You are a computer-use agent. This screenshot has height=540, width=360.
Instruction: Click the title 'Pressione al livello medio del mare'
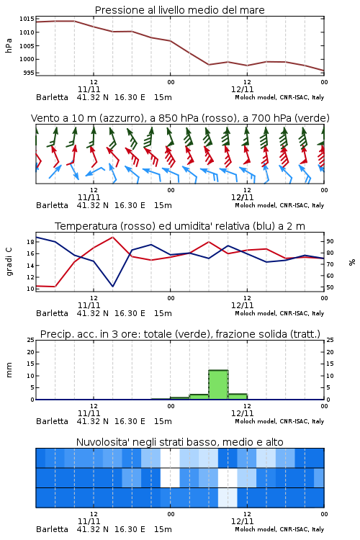click(x=179, y=10)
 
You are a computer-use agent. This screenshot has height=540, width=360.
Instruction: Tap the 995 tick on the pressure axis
click(x=29, y=73)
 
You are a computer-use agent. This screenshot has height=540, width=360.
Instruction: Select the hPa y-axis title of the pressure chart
click(x=9, y=45)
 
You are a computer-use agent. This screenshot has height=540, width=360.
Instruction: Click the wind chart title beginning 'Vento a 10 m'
click(x=180, y=118)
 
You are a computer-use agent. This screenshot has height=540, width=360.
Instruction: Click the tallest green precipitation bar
click(x=218, y=384)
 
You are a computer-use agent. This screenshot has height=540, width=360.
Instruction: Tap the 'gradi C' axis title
click(x=9, y=262)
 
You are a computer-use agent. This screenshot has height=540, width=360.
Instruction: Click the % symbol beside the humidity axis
click(x=352, y=262)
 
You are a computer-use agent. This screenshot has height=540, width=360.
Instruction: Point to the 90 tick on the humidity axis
click(x=330, y=241)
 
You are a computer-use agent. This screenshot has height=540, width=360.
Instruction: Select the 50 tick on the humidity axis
click(x=330, y=287)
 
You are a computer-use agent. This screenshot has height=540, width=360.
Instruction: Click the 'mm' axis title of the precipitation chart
click(x=9, y=370)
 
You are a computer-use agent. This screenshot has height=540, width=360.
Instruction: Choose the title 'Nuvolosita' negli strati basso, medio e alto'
click(x=179, y=442)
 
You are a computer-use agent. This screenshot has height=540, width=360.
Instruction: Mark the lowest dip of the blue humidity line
click(x=112, y=286)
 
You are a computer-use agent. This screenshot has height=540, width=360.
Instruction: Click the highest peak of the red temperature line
click(x=112, y=237)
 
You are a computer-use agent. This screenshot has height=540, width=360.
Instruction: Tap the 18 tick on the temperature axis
click(x=31, y=242)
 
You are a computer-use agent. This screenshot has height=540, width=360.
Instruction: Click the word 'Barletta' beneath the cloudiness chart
click(x=52, y=529)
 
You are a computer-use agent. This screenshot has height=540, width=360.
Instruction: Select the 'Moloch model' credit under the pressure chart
click(x=256, y=97)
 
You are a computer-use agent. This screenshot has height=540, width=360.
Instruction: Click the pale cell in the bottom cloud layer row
click(x=228, y=498)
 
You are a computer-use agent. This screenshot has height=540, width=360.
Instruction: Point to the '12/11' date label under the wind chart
click(x=242, y=198)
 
